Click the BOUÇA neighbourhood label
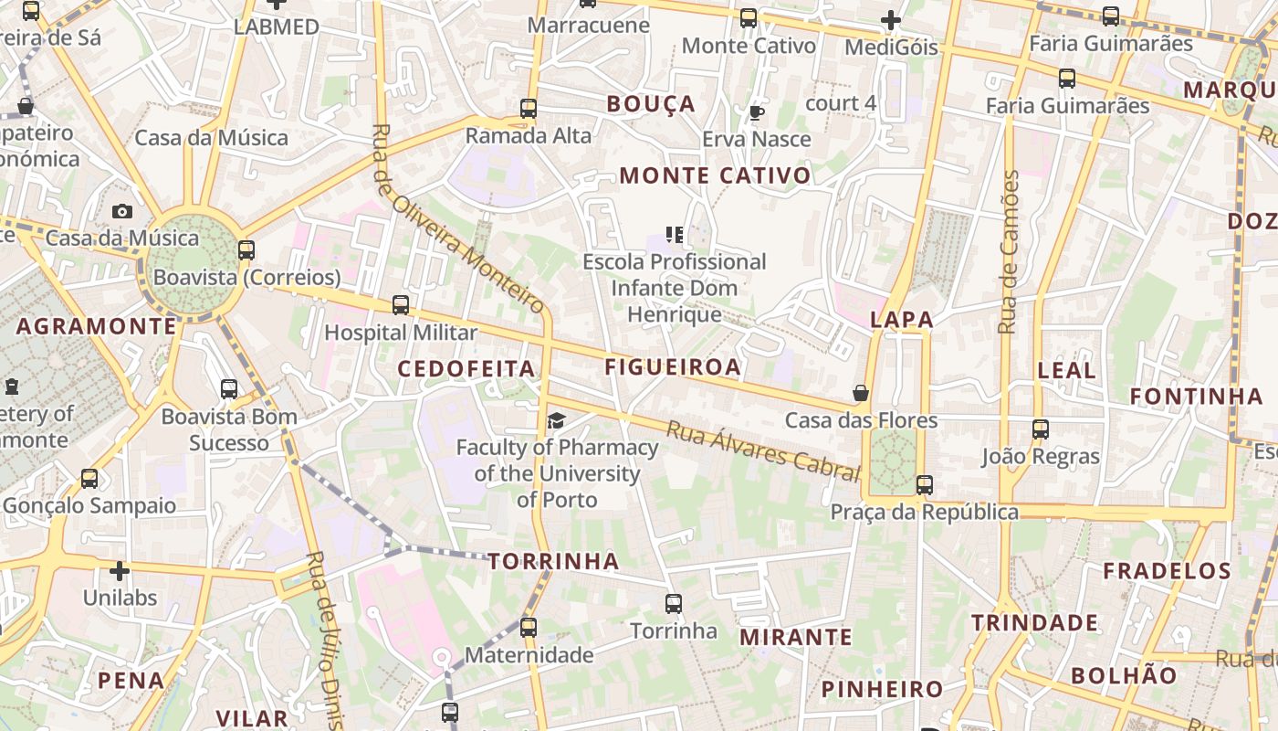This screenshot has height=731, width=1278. pyautogui.click(x=651, y=104)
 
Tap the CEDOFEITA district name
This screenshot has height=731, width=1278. pyautogui.click(x=466, y=368)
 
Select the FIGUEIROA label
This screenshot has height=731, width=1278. pyautogui.click(x=673, y=367)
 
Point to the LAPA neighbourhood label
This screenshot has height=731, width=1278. pyautogui.click(x=902, y=320)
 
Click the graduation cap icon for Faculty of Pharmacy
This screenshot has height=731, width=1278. pyautogui.click(x=556, y=420)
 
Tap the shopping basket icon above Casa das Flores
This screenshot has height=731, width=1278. pyautogui.click(x=860, y=393)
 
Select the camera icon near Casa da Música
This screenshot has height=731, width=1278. pyautogui.click(x=122, y=211)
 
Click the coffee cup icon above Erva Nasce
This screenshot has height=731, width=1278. pyautogui.click(x=756, y=112)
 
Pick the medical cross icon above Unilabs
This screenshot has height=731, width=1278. pyautogui.click(x=120, y=571)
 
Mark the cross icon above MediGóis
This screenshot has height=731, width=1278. pyautogui.click(x=891, y=19)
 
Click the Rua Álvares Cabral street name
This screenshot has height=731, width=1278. pyautogui.click(x=763, y=450)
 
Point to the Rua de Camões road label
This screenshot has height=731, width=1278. pyautogui.click(x=1009, y=252)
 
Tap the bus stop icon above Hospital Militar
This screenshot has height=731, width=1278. pyautogui.click(x=401, y=305)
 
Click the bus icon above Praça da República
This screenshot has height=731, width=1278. pyautogui.click(x=925, y=484)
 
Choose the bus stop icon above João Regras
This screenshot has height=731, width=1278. pyautogui.click(x=1041, y=429)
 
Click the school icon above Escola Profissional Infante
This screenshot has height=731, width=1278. pyautogui.click(x=675, y=235)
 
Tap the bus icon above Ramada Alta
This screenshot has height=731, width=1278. pyautogui.click(x=529, y=108)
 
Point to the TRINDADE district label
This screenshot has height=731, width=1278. pyautogui.click(x=1034, y=623)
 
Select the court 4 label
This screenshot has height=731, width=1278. pyautogui.click(x=841, y=103)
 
